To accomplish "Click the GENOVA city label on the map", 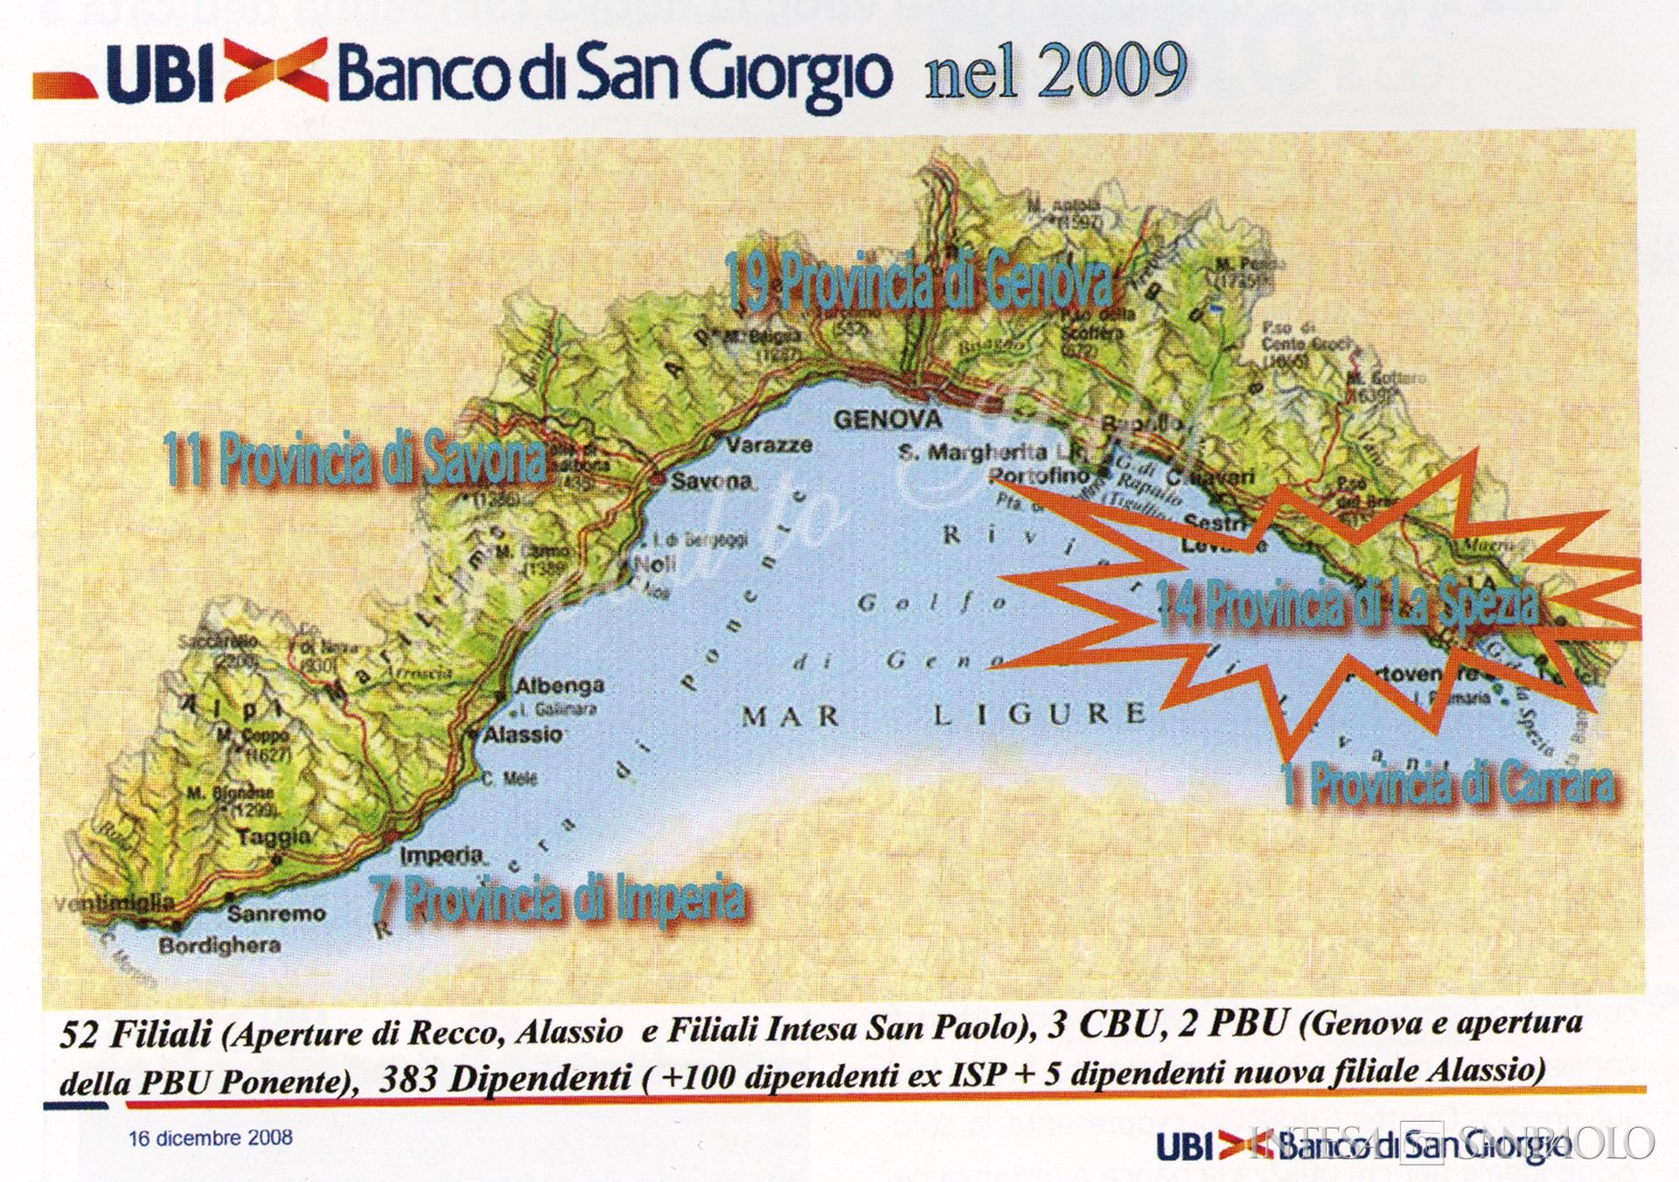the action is pos(887,421).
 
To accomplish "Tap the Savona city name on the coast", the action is pos(713,481).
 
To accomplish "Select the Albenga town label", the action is pos(560,685).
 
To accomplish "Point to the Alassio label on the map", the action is pos(523,734).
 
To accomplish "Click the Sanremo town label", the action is pos(276,914).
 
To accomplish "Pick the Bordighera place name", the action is pos(219,945).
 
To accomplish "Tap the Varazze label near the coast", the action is pos(769,445).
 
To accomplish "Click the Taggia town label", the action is pos(274,837).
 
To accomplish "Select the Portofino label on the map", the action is pos(1040,476).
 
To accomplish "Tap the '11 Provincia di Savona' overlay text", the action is pos(355,458).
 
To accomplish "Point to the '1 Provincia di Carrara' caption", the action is pos(1447,784).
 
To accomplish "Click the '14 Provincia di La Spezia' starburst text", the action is pos(1347,602).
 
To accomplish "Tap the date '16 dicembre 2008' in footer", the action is pos(211,1138).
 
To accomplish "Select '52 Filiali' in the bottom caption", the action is pos(136,1034).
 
